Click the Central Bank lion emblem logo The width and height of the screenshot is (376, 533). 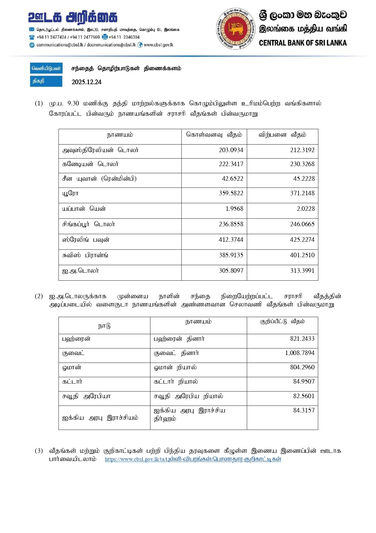click(x=236, y=29)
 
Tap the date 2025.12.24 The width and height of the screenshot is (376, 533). click(x=86, y=82)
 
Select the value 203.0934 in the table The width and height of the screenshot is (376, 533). click(x=231, y=150)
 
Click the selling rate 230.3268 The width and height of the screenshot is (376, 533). click(x=302, y=164)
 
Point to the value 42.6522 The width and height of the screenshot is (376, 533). click(x=232, y=179)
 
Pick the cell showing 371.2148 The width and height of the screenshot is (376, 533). click(x=302, y=193)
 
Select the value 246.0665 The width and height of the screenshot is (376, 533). click(x=302, y=224)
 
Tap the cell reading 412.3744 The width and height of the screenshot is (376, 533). click(x=231, y=240)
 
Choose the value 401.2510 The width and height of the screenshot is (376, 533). click(x=302, y=255)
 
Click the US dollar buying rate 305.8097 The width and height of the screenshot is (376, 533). click(x=231, y=271)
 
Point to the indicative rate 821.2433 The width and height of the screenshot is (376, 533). click(x=302, y=339)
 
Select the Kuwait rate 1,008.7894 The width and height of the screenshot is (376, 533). click(x=300, y=353)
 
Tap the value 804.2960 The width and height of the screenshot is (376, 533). click(x=302, y=367)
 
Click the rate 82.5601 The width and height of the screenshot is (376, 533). click(x=304, y=396)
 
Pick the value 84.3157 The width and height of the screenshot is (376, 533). click(x=304, y=410)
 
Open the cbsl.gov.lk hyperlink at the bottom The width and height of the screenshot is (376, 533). click(x=193, y=459)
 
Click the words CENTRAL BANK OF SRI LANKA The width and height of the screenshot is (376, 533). click(x=303, y=43)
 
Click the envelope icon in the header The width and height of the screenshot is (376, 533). click(x=32, y=29)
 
